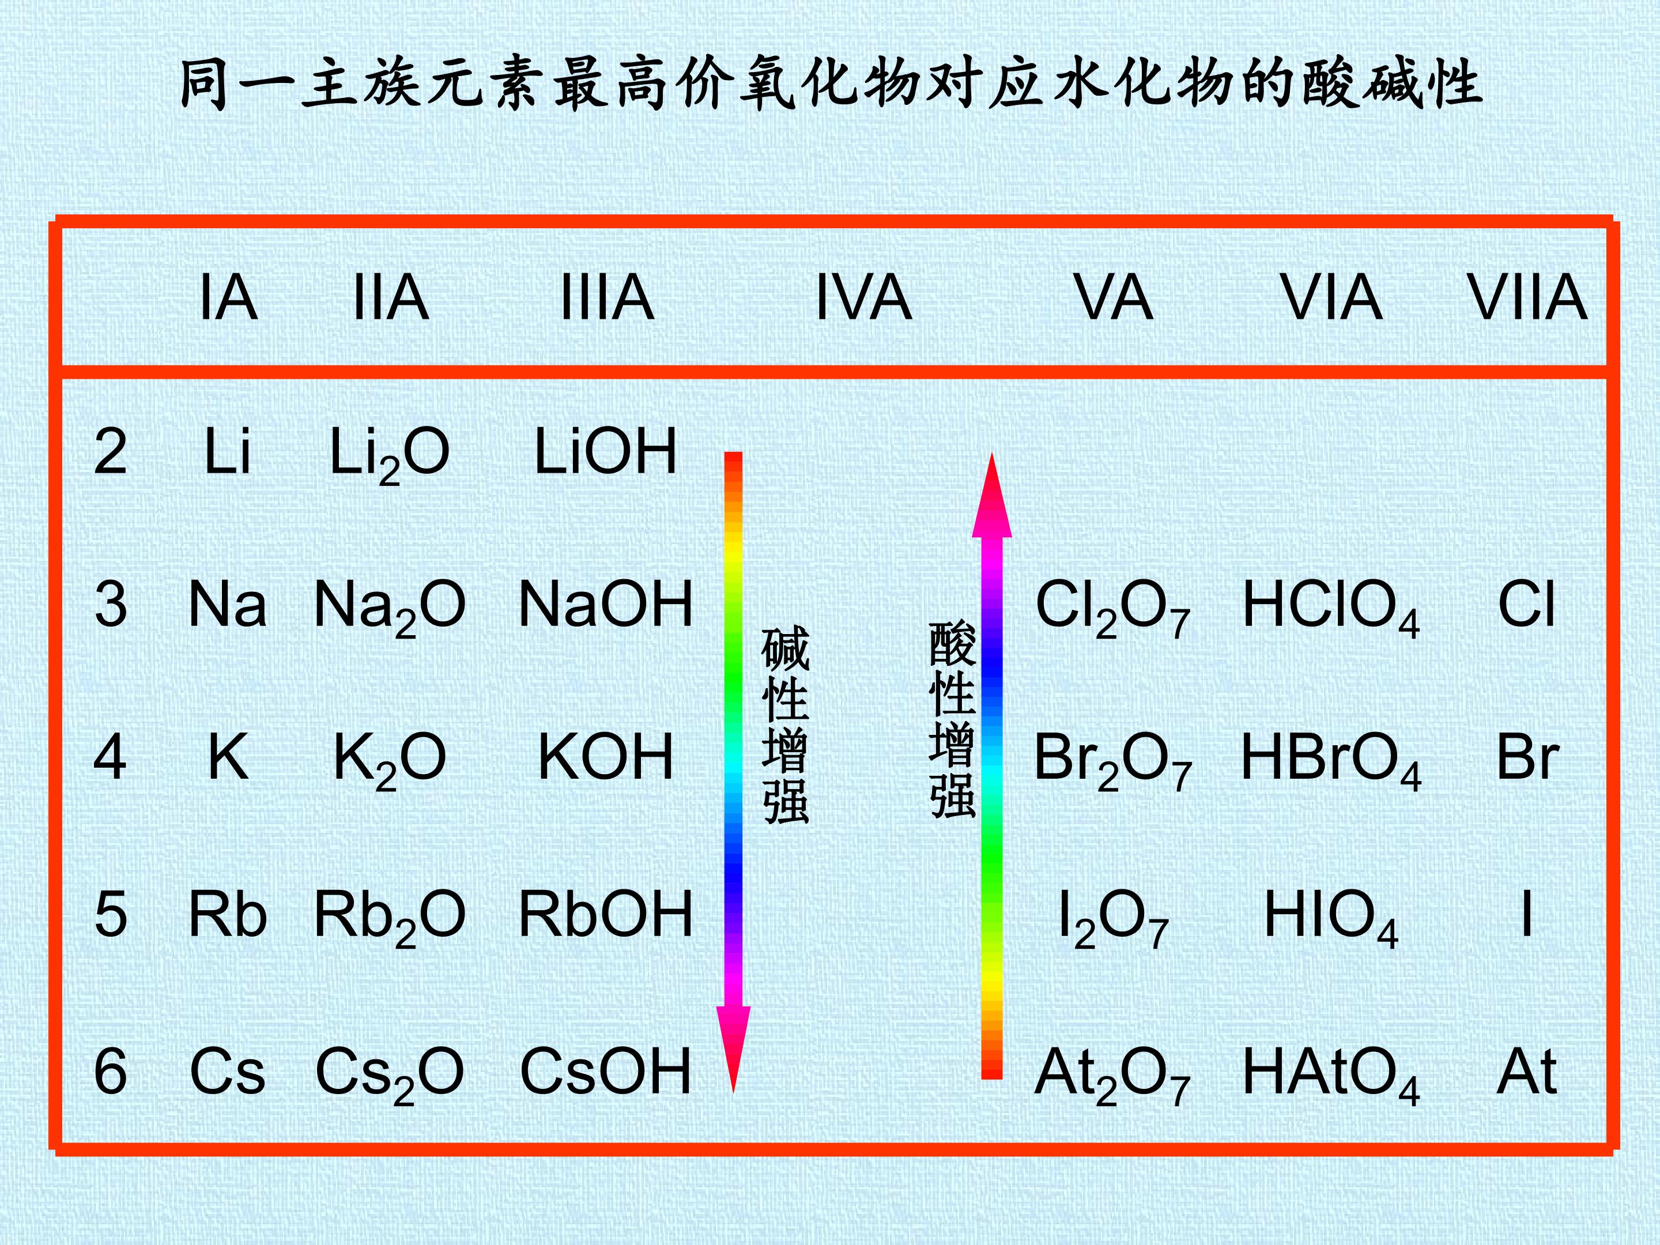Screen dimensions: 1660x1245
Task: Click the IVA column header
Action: [x=864, y=297]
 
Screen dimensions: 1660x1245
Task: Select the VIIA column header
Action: [x=1527, y=297]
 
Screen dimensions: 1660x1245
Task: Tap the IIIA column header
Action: [x=607, y=297]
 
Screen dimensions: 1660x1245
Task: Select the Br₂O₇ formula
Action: [x=1113, y=761]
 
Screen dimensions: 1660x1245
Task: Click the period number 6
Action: [x=110, y=1072]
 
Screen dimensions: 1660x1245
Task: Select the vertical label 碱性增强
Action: [x=785, y=725]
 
